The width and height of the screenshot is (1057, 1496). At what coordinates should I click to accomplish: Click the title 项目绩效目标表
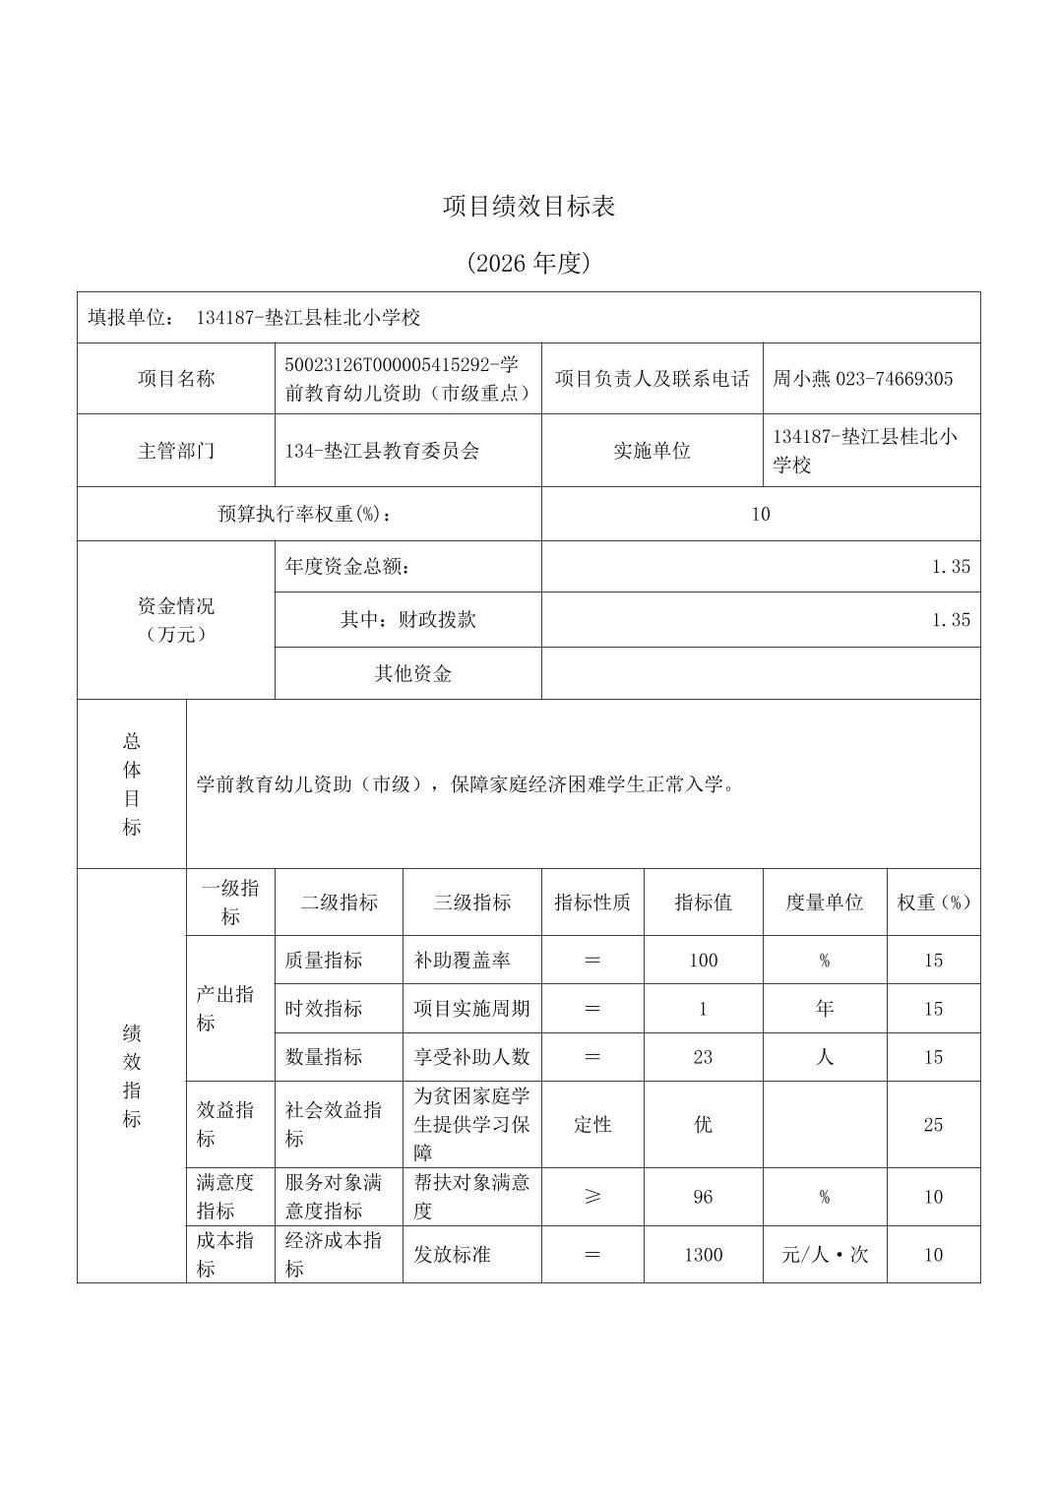528,207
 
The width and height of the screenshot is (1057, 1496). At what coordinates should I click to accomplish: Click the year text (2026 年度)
528,263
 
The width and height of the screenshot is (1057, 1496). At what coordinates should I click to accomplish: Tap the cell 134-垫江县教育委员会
382,451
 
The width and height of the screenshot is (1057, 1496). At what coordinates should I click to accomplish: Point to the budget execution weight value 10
760,514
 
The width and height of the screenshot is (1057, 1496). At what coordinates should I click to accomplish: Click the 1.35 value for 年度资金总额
950,566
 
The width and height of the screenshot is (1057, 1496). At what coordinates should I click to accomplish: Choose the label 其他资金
412,673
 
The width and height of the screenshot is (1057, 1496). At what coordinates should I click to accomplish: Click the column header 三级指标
471,903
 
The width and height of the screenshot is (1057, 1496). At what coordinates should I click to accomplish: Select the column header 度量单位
824,903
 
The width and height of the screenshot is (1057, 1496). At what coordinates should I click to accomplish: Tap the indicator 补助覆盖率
463,960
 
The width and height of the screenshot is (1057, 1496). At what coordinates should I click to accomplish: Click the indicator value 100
703,960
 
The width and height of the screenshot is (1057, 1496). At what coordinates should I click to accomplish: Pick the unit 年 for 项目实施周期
824,1008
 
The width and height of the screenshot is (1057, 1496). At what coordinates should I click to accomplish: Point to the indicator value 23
703,1057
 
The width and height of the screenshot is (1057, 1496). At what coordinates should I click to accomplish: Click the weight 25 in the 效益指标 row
933,1124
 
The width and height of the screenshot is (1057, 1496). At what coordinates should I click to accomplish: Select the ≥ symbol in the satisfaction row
592,1197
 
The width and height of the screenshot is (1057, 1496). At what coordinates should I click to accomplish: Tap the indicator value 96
703,1197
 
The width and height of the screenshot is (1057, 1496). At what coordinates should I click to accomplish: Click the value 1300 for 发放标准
703,1255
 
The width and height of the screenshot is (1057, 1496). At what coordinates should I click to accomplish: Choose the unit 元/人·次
824,1255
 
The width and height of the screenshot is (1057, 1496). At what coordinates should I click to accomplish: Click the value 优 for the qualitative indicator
703,1124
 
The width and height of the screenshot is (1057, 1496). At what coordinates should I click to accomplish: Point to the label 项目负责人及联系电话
652,379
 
